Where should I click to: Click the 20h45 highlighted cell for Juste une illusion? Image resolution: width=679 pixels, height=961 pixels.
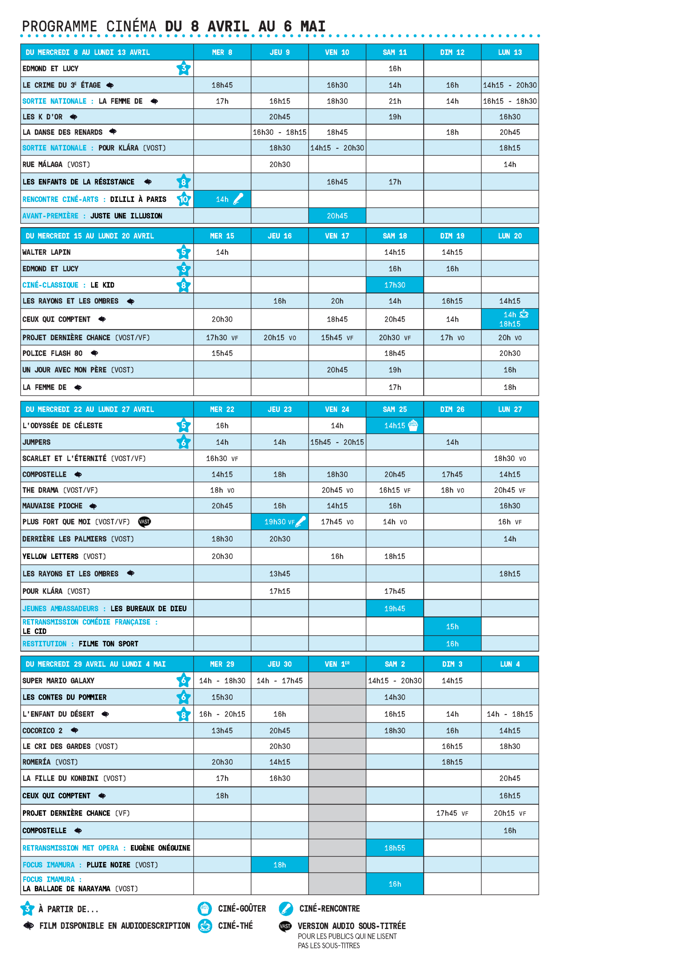[x=337, y=216]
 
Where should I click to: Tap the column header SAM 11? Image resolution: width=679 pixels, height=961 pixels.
[x=395, y=52]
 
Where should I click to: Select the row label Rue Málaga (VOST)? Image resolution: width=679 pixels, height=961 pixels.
[x=56, y=164]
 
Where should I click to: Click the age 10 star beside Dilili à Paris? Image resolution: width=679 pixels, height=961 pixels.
[x=184, y=199]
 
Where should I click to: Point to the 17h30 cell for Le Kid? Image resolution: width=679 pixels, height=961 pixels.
[x=395, y=285]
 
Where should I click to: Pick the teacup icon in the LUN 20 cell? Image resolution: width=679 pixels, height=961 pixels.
[x=524, y=314]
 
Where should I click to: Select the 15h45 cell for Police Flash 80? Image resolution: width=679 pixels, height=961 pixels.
[x=222, y=353]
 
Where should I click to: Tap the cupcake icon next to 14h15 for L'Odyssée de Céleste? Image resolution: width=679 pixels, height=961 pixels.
[x=413, y=425]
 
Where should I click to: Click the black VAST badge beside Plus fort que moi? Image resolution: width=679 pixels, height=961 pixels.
[x=144, y=521]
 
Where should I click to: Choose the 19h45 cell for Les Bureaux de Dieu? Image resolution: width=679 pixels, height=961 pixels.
[x=395, y=609]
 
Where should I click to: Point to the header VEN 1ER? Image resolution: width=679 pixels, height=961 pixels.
[x=337, y=664]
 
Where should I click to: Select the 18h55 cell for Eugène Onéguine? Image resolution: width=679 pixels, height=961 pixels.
[x=395, y=848]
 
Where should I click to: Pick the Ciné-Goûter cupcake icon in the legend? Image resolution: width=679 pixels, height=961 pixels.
[x=204, y=909]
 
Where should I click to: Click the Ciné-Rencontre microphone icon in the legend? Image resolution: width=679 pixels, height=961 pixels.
[x=286, y=909]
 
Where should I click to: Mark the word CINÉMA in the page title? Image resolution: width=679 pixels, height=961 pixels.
[x=131, y=26]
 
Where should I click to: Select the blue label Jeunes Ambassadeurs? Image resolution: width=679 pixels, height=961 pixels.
[x=60, y=609]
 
